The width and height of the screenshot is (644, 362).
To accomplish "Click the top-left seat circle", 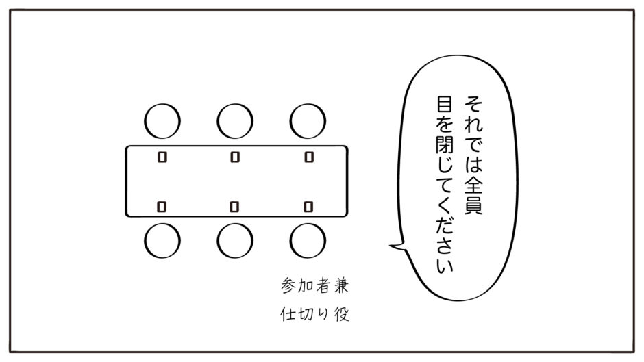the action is (x=144, y=121).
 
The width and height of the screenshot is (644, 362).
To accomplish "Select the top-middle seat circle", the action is (x=217, y=121).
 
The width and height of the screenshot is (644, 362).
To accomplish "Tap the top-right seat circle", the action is (x=290, y=121).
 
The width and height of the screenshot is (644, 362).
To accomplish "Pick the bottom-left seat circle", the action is (x=144, y=240).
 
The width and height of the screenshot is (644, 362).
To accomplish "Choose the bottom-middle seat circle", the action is (x=217, y=240).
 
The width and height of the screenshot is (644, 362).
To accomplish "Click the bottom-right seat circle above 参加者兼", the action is (x=290, y=240).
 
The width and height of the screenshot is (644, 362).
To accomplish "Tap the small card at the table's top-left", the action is (x=162, y=157).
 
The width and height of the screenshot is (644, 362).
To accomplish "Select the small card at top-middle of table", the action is (x=235, y=157).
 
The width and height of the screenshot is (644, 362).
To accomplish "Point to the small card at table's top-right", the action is (x=309, y=157).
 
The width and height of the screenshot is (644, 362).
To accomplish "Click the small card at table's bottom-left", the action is (x=162, y=207).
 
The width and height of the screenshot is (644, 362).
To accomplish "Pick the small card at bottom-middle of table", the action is (x=234, y=207).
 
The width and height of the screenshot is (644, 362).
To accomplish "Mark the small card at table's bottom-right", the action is (x=308, y=207).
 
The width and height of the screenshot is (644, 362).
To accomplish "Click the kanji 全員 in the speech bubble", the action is (x=473, y=195).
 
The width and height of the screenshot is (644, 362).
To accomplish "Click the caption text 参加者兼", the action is (x=315, y=285).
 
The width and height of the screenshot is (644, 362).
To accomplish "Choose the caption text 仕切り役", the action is (x=315, y=314).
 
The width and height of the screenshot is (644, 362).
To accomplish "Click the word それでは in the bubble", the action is (x=473, y=133).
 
